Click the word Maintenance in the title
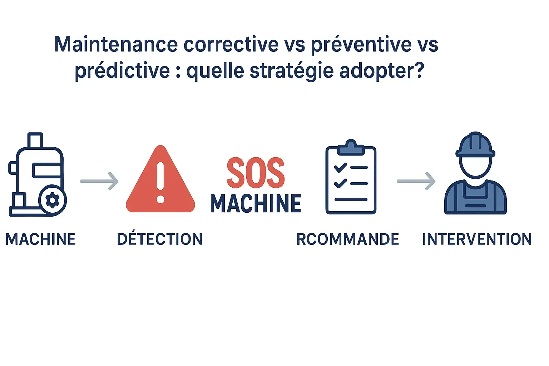click(116, 44)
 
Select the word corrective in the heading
click(231, 44)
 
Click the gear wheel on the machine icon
click(53, 200)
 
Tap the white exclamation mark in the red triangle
click(160, 183)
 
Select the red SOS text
click(256, 173)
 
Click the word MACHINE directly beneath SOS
click(256, 203)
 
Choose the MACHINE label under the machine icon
click(41, 239)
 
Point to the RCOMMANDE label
click(347, 239)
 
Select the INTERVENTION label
click(477, 239)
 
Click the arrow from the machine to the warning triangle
click(99, 181)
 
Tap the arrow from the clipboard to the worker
click(416, 181)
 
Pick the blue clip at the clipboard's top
click(351, 148)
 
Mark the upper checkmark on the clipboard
click(340, 168)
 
